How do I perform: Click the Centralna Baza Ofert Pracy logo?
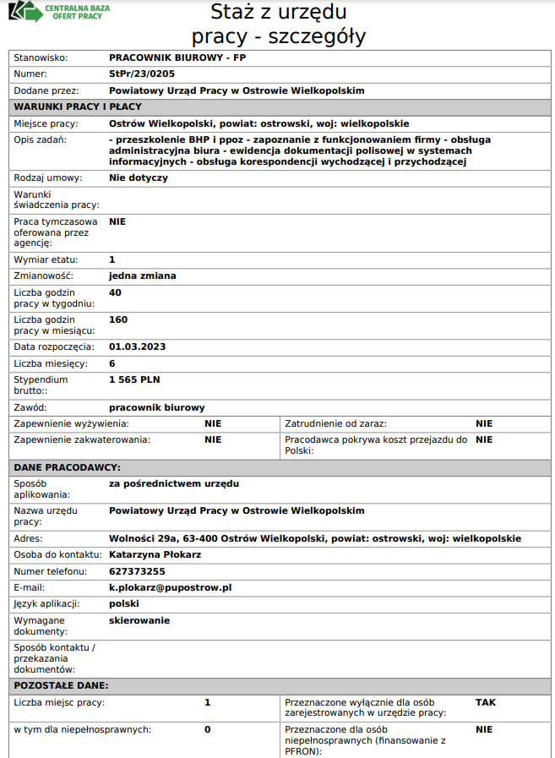point(59,13)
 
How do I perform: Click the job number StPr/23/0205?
point(142,74)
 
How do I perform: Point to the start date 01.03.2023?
point(138,346)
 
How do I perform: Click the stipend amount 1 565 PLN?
point(134,379)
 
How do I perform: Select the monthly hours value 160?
point(119,319)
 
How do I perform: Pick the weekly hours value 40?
point(116,292)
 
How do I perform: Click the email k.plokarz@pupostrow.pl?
point(170,586)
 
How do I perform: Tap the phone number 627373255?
point(138,570)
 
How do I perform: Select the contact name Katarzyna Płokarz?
point(155,554)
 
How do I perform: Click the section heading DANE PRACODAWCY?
point(68,467)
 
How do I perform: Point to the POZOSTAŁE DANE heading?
point(61,685)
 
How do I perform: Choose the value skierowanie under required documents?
point(139,620)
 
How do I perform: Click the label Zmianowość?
point(44,275)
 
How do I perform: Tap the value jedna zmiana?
point(143,275)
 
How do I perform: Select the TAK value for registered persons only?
point(486,701)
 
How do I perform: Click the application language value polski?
point(124,603)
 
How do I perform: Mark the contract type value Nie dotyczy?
point(139,178)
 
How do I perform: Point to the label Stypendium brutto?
point(41,384)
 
